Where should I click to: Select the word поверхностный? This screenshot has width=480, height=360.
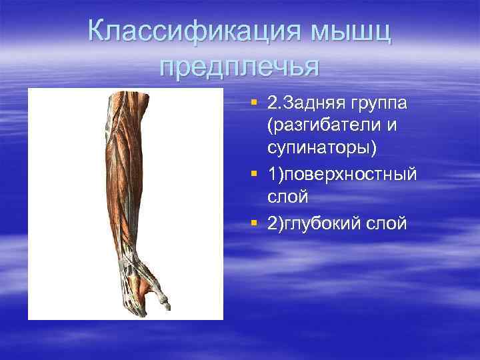(x=352, y=175)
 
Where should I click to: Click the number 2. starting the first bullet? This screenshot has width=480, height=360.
(x=274, y=105)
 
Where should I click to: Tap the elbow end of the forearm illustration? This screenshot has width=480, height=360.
(x=118, y=100)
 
